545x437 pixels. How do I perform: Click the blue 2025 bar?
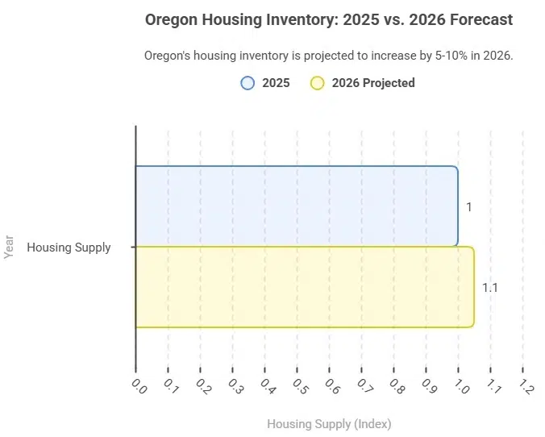point(296,206)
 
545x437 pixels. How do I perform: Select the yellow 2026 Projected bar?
point(304,287)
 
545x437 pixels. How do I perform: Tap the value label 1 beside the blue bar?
point(469,207)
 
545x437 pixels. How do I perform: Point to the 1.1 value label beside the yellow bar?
point(489,288)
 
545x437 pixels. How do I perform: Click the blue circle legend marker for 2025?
point(248,82)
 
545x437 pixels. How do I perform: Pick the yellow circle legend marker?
point(317,82)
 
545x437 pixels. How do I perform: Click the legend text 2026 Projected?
point(373,82)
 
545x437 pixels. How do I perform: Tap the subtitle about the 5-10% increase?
point(328,56)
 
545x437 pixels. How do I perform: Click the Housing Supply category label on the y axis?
point(69,248)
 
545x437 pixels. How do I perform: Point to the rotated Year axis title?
point(10,247)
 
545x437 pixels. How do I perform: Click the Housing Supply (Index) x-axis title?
point(328,423)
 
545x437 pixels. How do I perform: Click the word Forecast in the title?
point(481,19)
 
